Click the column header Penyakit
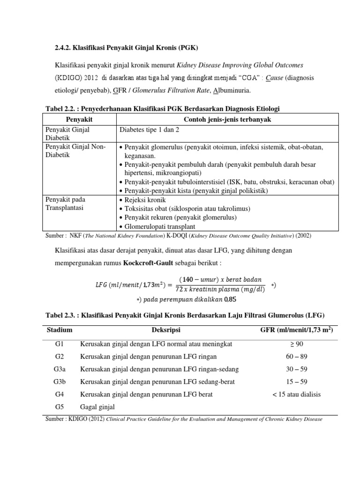click(79, 120)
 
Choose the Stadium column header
click(60, 330)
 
